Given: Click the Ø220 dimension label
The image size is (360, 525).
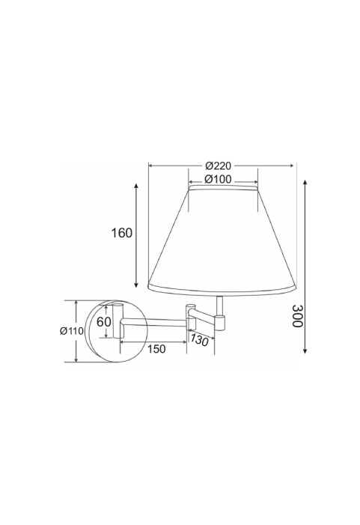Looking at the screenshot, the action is (x=218, y=166).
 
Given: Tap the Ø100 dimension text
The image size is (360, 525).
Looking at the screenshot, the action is (x=218, y=180).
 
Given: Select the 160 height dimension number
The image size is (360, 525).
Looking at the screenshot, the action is (x=122, y=233).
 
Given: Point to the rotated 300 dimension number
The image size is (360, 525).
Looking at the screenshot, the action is (x=297, y=316).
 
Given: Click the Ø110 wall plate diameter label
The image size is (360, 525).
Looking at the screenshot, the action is (x=72, y=331).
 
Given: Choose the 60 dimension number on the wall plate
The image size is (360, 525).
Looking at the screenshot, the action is (x=104, y=322).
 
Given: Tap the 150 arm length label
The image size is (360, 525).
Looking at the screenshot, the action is (x=156, y=349).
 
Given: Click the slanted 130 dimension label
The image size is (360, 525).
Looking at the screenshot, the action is (x=199, y=340).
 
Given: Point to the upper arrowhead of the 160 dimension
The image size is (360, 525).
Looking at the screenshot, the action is (x=136, y=186).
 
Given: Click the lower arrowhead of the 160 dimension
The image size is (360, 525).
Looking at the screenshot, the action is (x=136, y=285).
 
